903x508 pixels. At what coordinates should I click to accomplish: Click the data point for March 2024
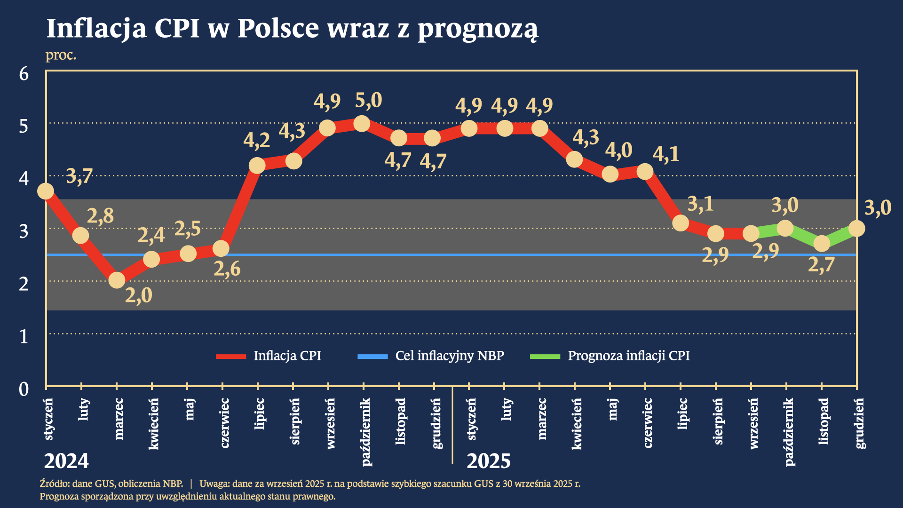click(117, 280)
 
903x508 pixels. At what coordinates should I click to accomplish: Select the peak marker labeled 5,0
click(362, 124)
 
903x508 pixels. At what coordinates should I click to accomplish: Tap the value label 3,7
click(79, 177)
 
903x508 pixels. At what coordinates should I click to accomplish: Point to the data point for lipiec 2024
click(257, 165)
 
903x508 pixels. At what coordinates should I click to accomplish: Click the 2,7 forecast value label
click(821, 265)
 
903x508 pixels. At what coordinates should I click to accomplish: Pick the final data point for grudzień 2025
click(857, 229)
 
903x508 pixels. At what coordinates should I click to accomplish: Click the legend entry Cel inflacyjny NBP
click(449, 356)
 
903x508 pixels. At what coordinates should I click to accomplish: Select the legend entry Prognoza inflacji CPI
click(628, 356)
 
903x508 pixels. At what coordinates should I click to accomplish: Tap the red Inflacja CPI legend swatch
click(230, 357)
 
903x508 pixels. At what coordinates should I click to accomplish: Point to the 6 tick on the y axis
click(24, 74)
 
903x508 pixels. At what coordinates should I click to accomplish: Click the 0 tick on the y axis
click(24, 389)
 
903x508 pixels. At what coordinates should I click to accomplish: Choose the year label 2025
click(488, 461)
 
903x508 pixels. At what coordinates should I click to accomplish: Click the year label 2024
click(66, 461)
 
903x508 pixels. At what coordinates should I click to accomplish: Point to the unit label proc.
click(61, 55)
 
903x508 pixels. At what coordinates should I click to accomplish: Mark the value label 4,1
click(666, 154)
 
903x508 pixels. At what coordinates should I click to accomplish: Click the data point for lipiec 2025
click(681, 223)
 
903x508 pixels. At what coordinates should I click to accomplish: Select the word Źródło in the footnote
click(54, 484)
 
